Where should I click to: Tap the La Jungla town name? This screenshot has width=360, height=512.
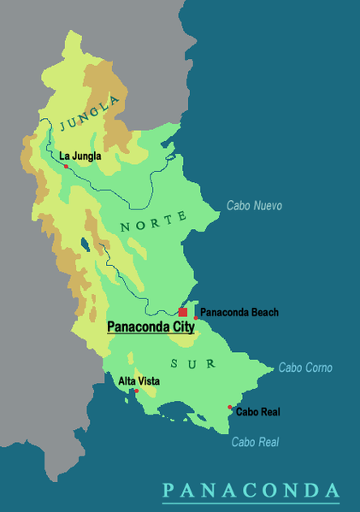point(80,156)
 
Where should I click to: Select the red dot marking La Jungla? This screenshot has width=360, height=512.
point(66,166)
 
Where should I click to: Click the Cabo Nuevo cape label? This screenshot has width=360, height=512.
point(254,206)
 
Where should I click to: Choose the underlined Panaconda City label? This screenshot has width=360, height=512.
point(150,327)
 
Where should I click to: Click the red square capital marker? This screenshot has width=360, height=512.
point(183,313)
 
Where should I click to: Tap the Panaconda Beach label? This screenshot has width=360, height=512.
point(239,313)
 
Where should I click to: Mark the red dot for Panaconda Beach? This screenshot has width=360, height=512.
point(196,318)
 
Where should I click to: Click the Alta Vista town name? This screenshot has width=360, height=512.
point(139,381)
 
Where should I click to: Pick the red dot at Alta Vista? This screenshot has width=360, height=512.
point(135,391)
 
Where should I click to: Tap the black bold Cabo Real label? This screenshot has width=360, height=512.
point(257,412)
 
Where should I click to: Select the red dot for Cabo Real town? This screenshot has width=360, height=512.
point(229,407)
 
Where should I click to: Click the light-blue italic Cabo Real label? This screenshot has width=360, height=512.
point(255,442)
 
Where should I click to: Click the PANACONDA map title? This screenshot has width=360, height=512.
point(251,490)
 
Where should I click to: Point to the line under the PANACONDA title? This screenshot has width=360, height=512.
point(251,502)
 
